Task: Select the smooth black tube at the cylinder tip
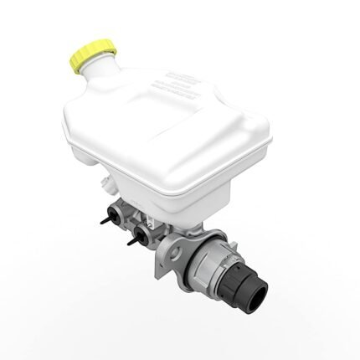pyautogui.click(x=251, y=289)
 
